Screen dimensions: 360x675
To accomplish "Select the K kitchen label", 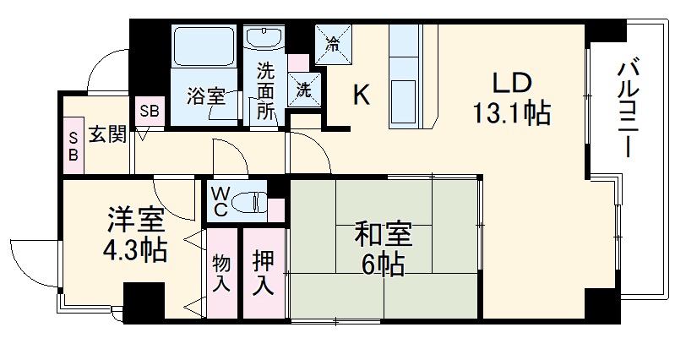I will coord(361,96).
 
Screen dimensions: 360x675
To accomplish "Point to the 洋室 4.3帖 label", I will coord(134,237).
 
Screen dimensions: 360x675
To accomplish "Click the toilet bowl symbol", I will coord(249,201).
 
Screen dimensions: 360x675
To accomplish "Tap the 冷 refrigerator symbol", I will coord(335,41).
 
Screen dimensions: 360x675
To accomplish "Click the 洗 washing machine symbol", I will coord(302,85).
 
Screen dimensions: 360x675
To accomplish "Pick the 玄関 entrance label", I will coord(106,134).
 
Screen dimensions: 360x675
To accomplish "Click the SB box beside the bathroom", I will coord(150,110).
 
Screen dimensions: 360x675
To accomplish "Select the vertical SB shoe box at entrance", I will coord(73,145).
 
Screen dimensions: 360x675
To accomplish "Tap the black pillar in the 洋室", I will coord(143,300).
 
